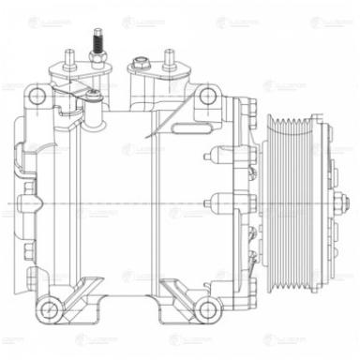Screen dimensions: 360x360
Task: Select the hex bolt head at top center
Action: pyautogui.click(x=141, y=65)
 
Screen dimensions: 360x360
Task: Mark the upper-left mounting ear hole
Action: pyautogui.click(x=36, y=97)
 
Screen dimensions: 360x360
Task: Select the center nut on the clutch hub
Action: pyautogui.click(x=335, y=202)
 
